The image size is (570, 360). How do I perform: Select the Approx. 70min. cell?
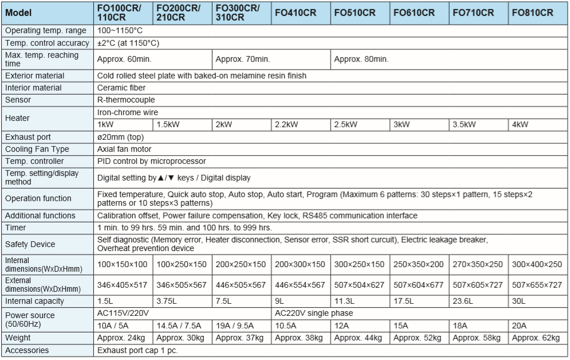click(241, 58)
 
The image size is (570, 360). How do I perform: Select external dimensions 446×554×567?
click(300, 285)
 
